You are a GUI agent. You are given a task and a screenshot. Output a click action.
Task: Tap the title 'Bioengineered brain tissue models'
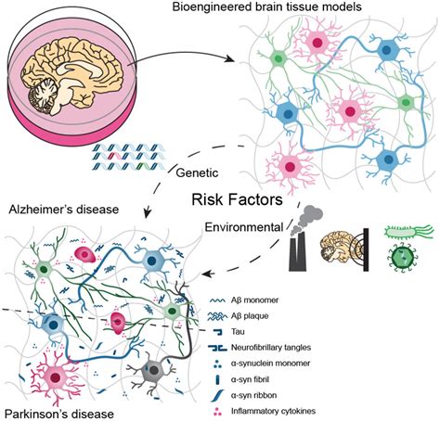coord(304,9)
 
